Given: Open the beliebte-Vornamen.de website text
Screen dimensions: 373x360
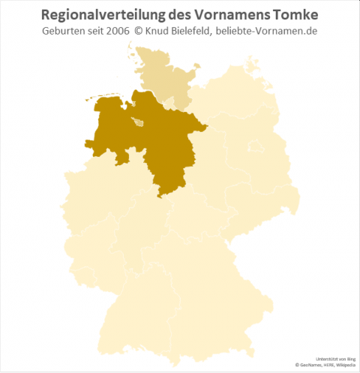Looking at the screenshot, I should pyautogui.click(x=274, y=32).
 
